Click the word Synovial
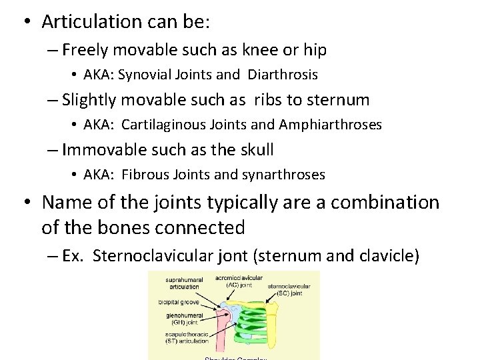click(141, 74)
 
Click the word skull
click(253, 150)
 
